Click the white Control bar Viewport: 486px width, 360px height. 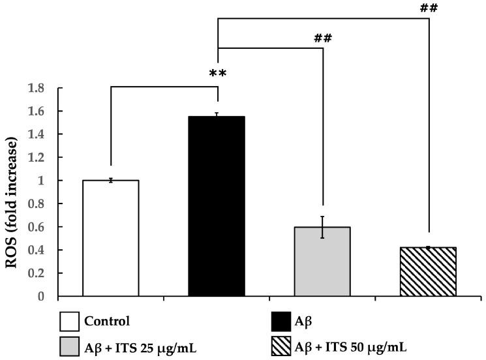click(110, 238)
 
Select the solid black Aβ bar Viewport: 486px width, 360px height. click(217, 206)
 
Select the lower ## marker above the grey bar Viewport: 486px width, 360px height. click(323, 38)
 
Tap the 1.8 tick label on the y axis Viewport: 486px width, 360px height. click(40, 88)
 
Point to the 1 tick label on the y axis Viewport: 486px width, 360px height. click(46, 181)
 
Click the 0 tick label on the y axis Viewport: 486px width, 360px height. click(46, 297)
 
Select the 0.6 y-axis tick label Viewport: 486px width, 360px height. click(40, 227)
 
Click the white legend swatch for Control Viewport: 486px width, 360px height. click(68, 322)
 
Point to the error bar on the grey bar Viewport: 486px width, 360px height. click(323, 227)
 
